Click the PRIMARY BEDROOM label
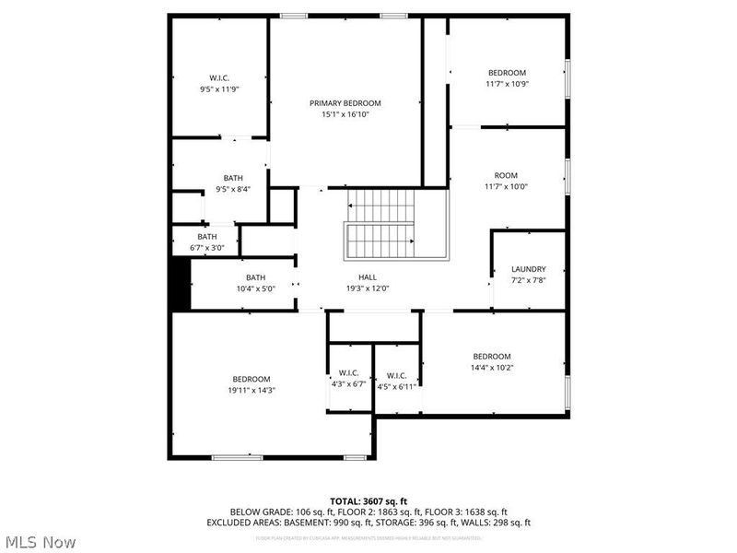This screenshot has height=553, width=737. point(345,103)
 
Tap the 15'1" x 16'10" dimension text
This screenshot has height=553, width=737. point(345,115)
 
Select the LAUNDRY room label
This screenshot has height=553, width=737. point(528,269)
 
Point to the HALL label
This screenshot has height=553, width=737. point(367,276)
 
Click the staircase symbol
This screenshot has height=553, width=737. point(381,226)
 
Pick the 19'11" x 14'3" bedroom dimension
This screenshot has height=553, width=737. point(251,390)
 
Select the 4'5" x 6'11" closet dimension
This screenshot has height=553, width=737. point(397,386)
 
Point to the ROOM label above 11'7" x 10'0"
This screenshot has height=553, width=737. point(506,175)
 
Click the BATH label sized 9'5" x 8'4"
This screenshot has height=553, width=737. point(233,178)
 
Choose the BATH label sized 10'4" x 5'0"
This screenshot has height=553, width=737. point(255,277)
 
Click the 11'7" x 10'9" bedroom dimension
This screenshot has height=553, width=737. point(507,84)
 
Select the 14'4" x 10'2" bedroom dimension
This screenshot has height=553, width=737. point(491,368)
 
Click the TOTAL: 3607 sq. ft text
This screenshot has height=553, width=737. point(368,500)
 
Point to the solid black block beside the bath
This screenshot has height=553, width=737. point(180,286)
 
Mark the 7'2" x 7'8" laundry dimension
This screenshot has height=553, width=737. point(528,280)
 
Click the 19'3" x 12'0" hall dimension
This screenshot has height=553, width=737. point(367,288)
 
